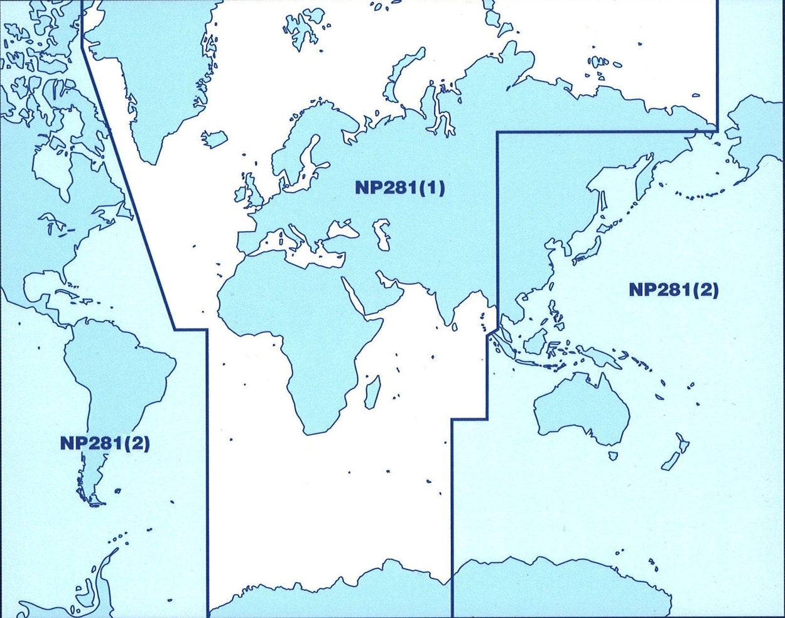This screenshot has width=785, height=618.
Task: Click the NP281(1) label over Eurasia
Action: (399, 188)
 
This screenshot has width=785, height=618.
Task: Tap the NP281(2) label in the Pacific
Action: (673, 290)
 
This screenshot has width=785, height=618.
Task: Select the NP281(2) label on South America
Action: (105, 443)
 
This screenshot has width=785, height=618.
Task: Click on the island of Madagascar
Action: (372, 391)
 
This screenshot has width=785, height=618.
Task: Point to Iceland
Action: (213, 139)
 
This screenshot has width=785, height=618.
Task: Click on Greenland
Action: (157, 82)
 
